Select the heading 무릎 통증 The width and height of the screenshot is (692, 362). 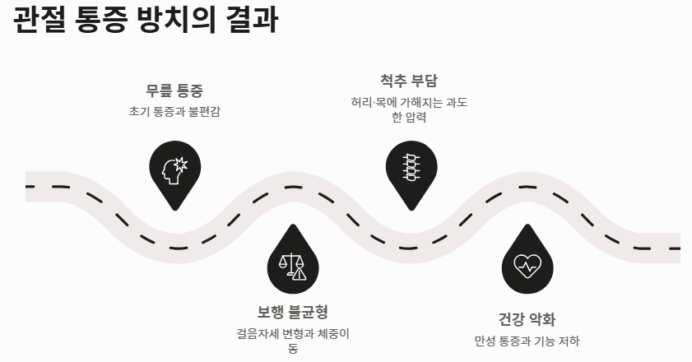point(174,90)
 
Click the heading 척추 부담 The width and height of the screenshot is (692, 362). point(408,81)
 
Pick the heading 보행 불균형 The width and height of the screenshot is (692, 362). point(293,312)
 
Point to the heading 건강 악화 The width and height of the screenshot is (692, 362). point(527,320)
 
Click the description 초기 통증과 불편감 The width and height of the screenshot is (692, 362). point(174,111)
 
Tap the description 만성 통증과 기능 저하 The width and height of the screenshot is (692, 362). point(527,341)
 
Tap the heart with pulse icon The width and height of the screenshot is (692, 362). point(527,265)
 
